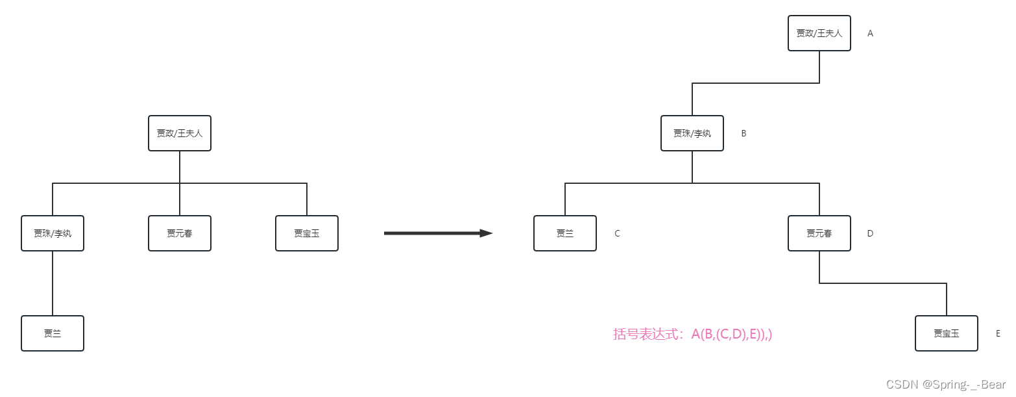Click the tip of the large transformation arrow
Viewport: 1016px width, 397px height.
[492, 233]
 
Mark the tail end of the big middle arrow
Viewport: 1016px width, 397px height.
[384, 233]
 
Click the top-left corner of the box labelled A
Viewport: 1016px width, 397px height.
[788, 16]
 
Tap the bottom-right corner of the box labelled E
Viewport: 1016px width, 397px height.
[978, 351]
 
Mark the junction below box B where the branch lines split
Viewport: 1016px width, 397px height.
[692, 183]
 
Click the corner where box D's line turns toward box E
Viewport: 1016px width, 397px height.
[819, 283]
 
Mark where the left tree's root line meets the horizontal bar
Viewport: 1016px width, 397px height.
[180, 183]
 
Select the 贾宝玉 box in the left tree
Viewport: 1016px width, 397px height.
[307, 233]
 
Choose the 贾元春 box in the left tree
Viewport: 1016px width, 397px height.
[180, 233]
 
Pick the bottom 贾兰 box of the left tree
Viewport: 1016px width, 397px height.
[53, 333]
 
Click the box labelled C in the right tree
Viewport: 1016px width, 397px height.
[565, 233]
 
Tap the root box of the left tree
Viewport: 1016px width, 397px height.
[180, 133]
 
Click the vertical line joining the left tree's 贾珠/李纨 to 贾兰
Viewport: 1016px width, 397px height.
[53, 283]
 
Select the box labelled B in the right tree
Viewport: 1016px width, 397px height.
[692, 133]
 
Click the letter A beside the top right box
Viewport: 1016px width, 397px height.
[871, 33]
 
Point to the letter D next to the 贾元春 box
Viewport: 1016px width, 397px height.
[871, 233]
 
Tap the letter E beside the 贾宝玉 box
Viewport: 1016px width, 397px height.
[998, 333]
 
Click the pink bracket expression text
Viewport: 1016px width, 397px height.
[693, 335]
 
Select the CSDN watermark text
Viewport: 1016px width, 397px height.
[946, 385]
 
